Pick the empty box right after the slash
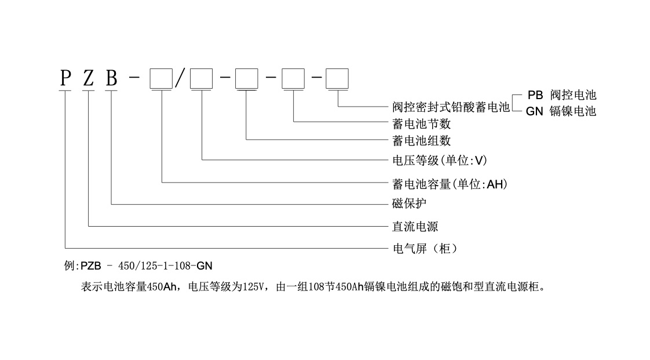[202, 78]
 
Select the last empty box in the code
[337, 78]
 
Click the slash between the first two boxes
[180, 78]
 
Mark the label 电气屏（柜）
[426, 249]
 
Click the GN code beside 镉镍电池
[534, 111]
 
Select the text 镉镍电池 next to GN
[573, 111]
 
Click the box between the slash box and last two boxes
[247, 78]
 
